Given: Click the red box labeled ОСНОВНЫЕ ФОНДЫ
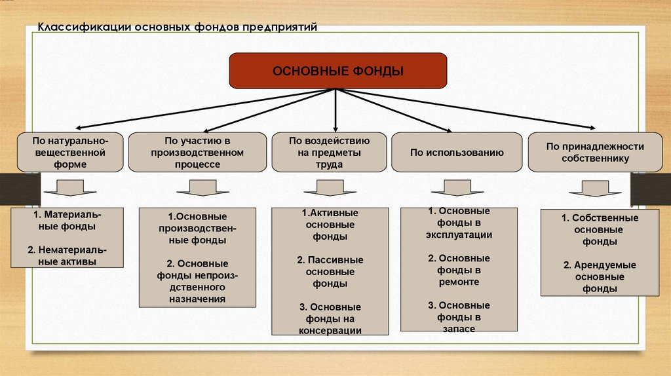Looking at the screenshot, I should point(337,71).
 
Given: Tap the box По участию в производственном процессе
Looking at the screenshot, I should point(197,152).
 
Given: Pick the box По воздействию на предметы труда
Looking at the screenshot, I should point(330,152).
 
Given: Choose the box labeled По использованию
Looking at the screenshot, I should point(457,152).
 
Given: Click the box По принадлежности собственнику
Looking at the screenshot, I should point(595,152).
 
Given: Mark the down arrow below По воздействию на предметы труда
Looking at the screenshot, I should point(330,189).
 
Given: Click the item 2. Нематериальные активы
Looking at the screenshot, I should point(67,255).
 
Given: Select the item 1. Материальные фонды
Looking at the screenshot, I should point(67,220).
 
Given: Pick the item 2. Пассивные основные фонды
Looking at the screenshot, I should point(330,272).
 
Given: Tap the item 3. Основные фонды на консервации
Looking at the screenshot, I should point(330,319).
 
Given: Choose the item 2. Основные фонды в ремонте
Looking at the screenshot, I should point(459,270).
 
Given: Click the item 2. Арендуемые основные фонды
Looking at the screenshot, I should point(600,276).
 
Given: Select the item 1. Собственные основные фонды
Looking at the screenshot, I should point(600,229).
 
